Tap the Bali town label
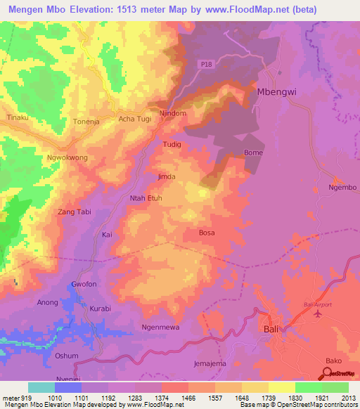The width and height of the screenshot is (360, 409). pyautogui.click(x=270, y=328)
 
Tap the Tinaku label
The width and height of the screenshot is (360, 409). pyautogui.click(x=17, y=117)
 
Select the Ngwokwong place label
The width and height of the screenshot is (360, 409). pyautogui.click(x=67, y=157)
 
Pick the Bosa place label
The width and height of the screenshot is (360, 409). pyautogui.click(x=207, y=233)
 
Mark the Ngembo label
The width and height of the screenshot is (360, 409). pyautogui.click(x=343, y=188)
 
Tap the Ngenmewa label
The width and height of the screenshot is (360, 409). pyautogui.click(x=161, y=327)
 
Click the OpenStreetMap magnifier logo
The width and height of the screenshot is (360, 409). pyautogui.click(x=325, y=373)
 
